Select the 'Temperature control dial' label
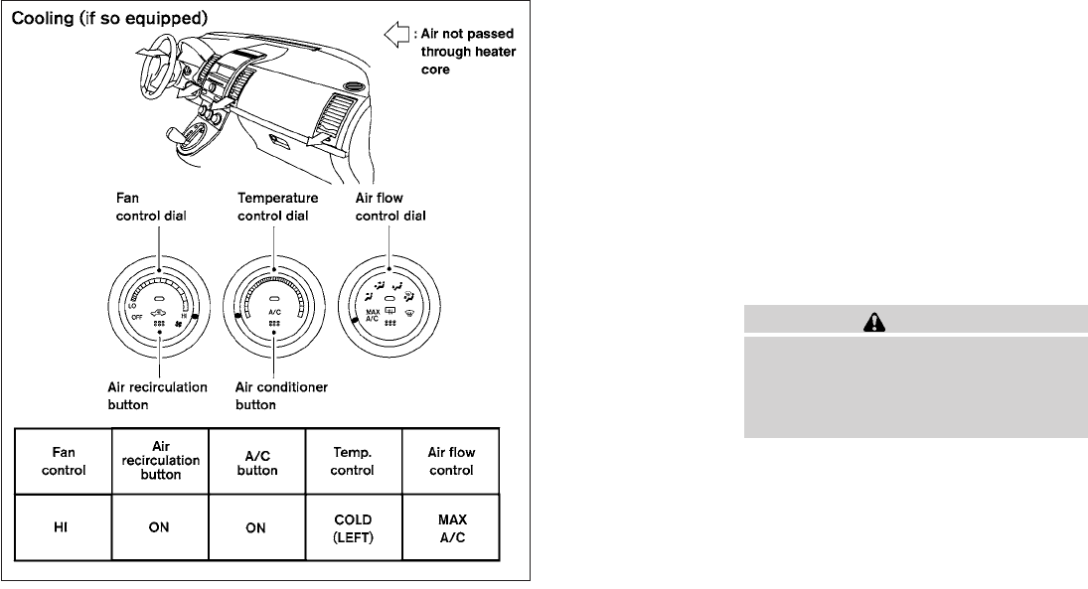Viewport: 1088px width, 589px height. (x=271, y=208)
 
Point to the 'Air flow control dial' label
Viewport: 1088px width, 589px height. (x=390, y=208)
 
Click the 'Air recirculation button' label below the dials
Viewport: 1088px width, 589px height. (x=158, y=395)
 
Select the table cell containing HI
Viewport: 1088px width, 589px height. (x=61, y=527)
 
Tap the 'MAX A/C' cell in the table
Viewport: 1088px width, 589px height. (x=451, y=527)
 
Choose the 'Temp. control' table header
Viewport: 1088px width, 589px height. (x=353, y=461)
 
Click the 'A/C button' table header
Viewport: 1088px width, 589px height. (x=255, y=461)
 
